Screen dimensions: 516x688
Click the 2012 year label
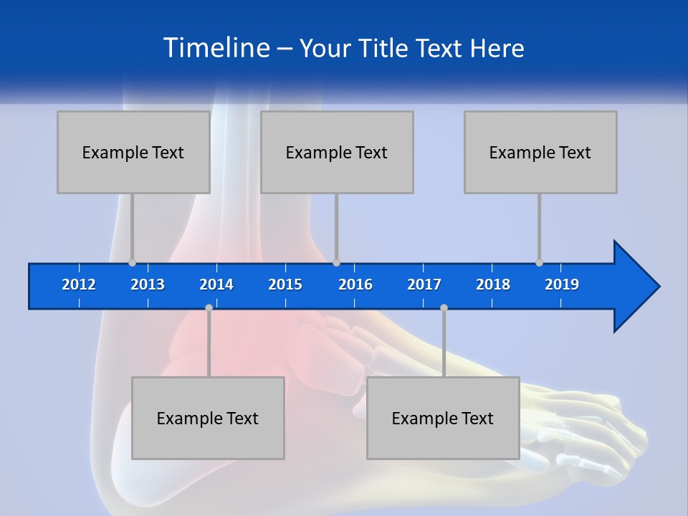[x=79, y=285]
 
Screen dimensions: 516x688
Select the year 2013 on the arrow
[x=148, y=285]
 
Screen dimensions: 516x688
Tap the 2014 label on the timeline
[x=216, y=285]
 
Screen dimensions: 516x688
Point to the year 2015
[x=285, y=285]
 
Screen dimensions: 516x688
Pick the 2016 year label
[x=355, y=285]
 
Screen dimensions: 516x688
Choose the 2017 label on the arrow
[x=424, y=285]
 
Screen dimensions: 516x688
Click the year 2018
[x=493, y=285]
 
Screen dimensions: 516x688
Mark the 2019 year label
[x=562, y=285]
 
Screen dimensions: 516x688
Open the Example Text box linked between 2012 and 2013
[x=133, y=152]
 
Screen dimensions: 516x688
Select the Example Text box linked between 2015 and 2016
[x=337, y=152]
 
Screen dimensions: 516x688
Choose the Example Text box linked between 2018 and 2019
[x=540, y=152]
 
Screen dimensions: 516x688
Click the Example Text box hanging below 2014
[x=208, y=418]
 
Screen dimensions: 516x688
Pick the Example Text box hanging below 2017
[x=443, y=418]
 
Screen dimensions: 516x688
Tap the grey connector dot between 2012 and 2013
[x=132, y=263]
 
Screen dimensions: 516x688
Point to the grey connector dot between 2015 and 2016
[x=337, y=263]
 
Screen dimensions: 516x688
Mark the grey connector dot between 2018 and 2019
[x=540, y=263]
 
